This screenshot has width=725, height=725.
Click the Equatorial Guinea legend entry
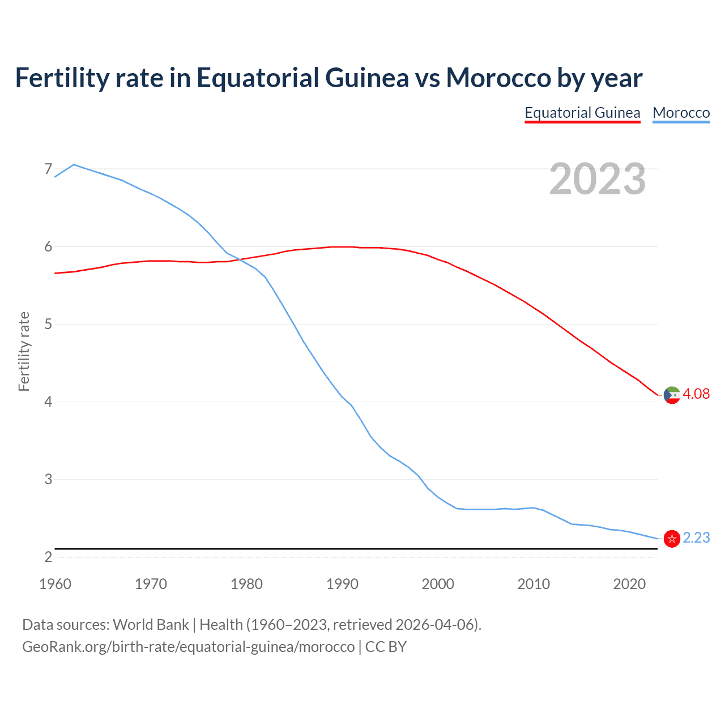click(x=582, y=113)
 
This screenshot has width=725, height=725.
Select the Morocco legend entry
click(x=681, y=113)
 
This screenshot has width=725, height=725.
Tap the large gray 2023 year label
click(x=597, y=179)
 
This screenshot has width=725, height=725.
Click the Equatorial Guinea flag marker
click(x=672, y=395)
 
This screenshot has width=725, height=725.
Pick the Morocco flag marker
click(x=672, y=539)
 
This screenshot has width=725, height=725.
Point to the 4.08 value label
click(x=696, y=394)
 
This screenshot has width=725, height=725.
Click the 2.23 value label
click(x=696, y=538)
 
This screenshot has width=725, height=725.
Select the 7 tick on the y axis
click(x=48, y=169)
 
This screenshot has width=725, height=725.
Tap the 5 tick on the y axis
click(x=48, y=324)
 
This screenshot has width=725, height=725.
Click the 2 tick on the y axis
click(x=48, y=557)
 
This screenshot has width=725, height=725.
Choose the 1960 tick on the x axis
click(x=55, y=584)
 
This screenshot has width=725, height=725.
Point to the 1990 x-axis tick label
click(x=342, y=584)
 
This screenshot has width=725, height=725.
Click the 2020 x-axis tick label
click(x=629, y=584)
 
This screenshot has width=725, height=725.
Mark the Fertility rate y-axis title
click(x=24, y=351)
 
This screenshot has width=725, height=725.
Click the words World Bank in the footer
click(x=151, y=625)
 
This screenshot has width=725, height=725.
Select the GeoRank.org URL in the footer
click(x=188, y=647)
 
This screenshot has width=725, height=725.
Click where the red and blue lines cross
click(x=240, y=259)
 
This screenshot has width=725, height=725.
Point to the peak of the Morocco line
click(x=74, y=165)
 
